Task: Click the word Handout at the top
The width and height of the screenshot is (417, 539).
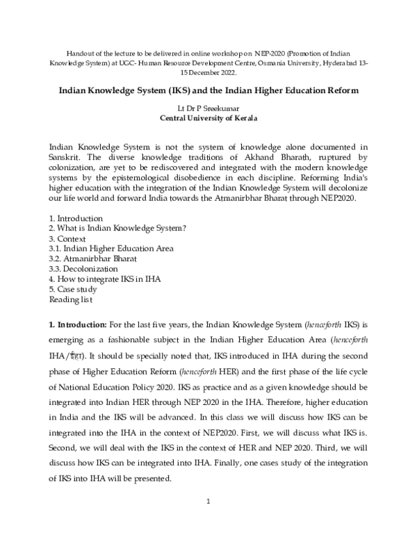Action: [x=76, y=53]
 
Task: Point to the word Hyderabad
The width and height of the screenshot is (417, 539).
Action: [x=340, y=63]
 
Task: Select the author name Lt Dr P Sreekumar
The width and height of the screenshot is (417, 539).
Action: [x=208, y=108]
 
